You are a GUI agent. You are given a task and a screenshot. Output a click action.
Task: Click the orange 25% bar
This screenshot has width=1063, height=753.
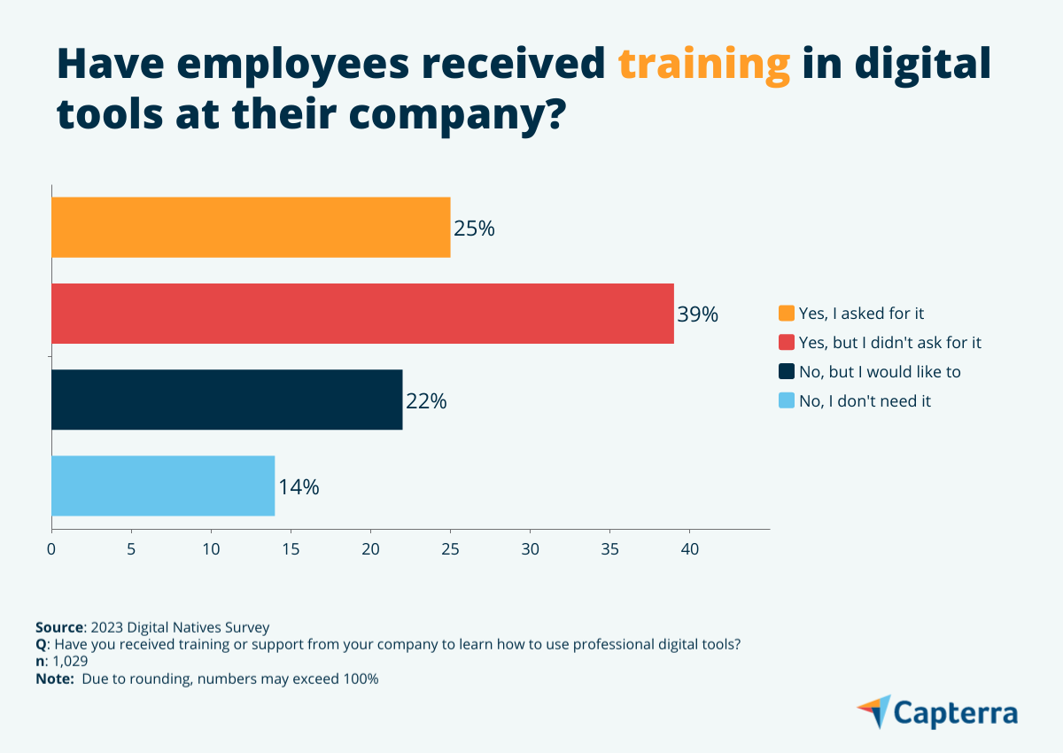click(x=251, y=228)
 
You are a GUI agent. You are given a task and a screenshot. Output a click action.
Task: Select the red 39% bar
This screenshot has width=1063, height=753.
click(x=362, y=314)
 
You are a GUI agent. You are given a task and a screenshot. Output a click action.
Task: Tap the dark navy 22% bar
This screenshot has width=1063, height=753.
click(x=227, y=400)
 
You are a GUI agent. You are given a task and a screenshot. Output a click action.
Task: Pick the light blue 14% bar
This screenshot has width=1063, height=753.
click(x=163, y=485)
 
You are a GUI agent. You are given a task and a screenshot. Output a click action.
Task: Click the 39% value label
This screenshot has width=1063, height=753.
click(x=697, y=314)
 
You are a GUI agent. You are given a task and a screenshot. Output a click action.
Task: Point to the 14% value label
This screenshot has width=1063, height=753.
click(x=299, y=486)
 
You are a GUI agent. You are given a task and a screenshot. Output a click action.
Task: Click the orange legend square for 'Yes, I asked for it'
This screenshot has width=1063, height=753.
click(x=787, y=314)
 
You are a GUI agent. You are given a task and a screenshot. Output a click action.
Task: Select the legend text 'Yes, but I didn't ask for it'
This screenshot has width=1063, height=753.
click(x=889, y=343)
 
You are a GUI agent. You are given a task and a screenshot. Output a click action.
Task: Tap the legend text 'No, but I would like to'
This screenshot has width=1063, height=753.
click(x=880, y=372)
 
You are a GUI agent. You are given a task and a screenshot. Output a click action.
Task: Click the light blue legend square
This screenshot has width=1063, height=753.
click(x=787, y=400)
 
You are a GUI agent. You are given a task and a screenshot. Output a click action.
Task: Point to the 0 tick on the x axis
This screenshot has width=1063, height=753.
click(x=51, y=549)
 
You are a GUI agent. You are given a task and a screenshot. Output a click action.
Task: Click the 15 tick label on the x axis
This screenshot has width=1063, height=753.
click(x=291, y=549)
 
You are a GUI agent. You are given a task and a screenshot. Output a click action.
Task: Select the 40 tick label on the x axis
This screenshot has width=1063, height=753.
click(x=689, y=549)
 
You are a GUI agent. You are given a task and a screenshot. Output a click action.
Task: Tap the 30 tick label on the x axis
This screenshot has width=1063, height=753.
click(x=530, y=549)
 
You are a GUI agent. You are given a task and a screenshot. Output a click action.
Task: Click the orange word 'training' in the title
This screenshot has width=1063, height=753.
click(x=703, y=65)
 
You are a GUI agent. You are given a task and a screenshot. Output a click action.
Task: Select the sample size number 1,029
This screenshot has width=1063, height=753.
click(x=70, y=662)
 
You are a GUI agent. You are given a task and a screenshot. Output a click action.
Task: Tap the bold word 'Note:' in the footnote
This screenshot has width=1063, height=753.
click(x=55, y=679)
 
